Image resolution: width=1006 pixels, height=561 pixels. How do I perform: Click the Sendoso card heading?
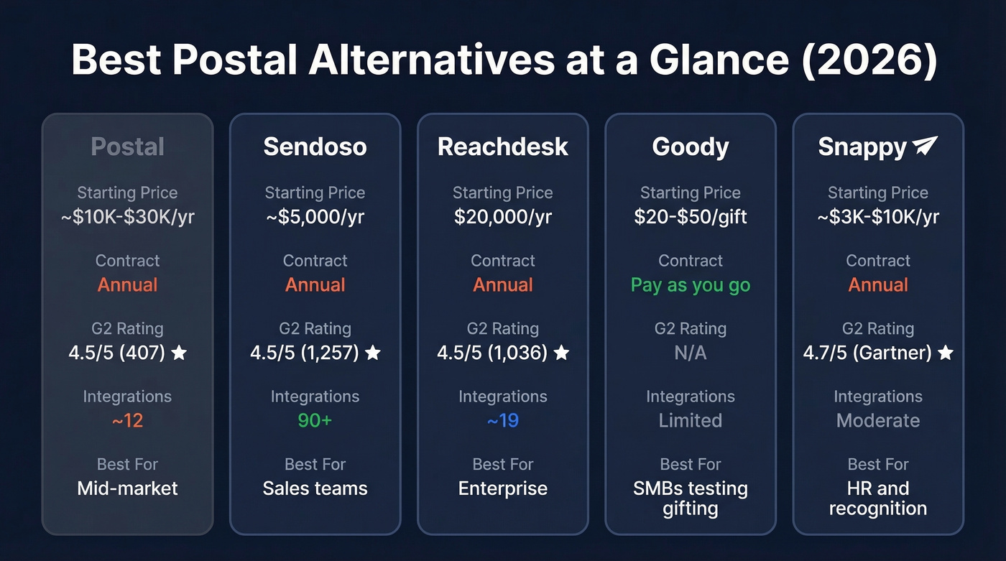pos(315,147)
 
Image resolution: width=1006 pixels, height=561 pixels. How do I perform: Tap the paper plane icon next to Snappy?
pos(925,146)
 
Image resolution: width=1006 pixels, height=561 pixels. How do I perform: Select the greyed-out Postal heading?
pos(127,147)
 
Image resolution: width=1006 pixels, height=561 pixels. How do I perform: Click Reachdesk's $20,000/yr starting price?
pos(502,216)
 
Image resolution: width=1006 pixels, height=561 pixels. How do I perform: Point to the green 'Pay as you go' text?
pos(690,284)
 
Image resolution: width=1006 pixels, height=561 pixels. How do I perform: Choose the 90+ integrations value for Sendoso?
pos(315,420)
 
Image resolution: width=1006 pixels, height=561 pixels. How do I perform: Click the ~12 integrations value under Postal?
pos(127,420)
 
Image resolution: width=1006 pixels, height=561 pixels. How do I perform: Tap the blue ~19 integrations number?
pos(502,420)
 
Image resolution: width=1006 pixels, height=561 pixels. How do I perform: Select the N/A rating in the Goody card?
pos(690,353)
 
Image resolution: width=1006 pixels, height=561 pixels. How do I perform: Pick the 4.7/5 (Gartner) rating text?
pos(867,353)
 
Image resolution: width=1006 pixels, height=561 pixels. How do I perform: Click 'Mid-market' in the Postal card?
pos(127,488)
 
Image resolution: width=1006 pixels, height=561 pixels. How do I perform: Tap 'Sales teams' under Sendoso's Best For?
pos(315,488)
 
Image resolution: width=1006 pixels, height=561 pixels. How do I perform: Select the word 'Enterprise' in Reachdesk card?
pos(502,488)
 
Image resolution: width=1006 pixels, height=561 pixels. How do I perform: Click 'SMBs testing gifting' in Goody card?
pos(690,499)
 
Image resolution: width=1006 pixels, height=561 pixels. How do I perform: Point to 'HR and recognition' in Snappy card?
pos(877,499)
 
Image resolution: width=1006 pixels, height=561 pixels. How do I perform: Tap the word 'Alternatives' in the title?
pos(431,60)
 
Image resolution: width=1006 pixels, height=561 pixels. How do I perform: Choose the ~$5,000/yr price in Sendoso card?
pos(315,216)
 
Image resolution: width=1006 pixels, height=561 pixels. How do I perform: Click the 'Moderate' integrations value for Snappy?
pos(877,420)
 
